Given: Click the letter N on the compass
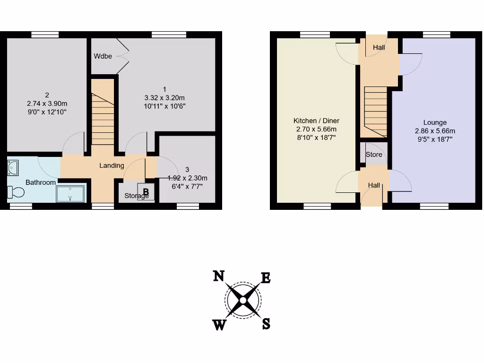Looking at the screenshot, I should click(x=218, y=276).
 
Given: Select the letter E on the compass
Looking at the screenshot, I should click(x=266, y=278).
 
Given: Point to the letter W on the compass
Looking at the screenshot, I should click(x=219, y=325).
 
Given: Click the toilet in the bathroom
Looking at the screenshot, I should click(x=16, y=192).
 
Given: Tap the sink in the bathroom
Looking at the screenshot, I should click(x=13, y=166).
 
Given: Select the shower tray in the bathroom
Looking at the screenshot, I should click(x=71, y=193).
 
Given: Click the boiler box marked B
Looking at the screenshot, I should click(x=146, y=192).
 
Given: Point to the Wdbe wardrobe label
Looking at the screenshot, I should click(x=103, y=56).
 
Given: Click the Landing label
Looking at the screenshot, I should click(x=112, y=165).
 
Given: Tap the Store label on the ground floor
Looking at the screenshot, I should click(x=374, y=155).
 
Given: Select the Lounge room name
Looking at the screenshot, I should click(x=435, y=122).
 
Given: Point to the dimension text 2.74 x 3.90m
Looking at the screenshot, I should click(x=47, y=104).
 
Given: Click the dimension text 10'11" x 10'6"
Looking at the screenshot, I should click(x=164, y=106).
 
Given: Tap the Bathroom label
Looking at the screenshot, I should click(x=41, y=182).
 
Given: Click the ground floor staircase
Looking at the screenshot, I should click(x=376, y=112).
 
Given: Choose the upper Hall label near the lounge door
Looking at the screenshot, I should click(x=379, y=48).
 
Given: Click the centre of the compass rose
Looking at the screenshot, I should click(x=242, y=300).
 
